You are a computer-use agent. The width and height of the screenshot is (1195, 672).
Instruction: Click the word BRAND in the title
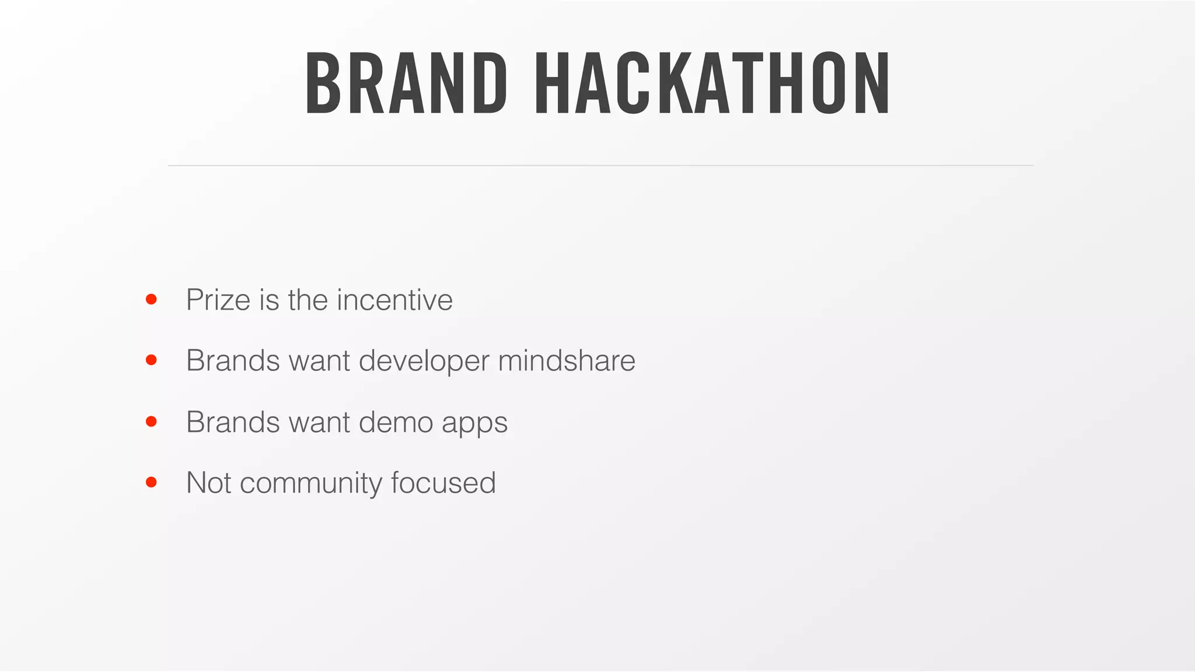[x=406, y=83]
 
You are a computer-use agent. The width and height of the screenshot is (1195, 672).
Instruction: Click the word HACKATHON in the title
[x=712, y=83]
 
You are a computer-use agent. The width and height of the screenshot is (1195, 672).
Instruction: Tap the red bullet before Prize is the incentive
[x=151, y=299]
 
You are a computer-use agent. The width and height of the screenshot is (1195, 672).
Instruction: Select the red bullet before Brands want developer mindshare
[x=151, y=360]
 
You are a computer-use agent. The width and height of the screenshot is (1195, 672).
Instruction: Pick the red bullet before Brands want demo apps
[x=151, y=421]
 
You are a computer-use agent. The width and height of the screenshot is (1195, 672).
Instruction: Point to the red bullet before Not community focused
[x=151, y=482]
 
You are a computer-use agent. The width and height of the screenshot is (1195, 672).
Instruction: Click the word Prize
[x=218, y=300]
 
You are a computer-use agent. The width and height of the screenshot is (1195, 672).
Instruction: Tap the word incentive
[x=394, y=300]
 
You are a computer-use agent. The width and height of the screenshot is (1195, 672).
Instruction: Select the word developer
[x=424, y=361]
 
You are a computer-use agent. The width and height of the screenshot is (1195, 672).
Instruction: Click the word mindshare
[x=567, y=360]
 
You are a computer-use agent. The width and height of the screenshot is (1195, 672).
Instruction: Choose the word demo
[x=396, y=422]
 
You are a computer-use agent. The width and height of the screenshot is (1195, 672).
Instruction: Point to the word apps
[x=474, y=423]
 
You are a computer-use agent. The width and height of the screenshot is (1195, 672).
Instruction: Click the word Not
[x=208, y=483]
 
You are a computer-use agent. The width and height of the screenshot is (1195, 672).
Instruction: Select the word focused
[x=443, y=483]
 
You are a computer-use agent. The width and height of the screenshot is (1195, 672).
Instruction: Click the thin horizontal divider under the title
[x=600, y=166]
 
